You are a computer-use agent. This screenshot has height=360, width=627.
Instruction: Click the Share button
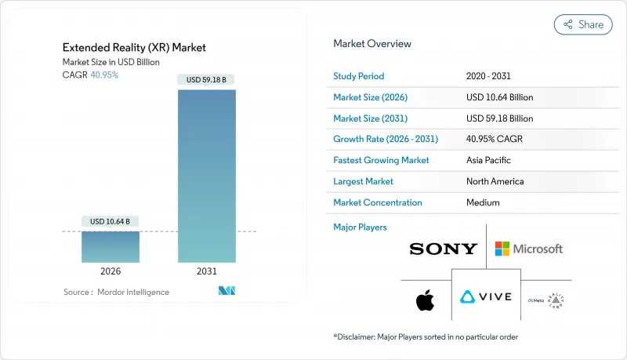[x=583, y=24]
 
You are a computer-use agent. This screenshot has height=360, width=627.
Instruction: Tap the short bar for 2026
[x=111, y=246]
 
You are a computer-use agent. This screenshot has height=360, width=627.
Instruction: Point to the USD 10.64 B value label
[x=111, y=220]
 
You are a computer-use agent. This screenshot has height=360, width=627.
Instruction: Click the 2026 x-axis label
[x=111, y=271]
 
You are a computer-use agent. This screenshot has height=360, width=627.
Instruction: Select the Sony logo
[x=443, y=249]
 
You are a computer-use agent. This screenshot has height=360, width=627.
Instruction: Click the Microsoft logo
[x=529, y=249]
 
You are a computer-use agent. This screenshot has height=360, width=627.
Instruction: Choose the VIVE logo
[x=486, y=297]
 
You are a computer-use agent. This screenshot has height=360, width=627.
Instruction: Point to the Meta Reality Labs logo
[x=546, y=299]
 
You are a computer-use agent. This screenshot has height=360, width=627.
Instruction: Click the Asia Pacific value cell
[x=488, y=160]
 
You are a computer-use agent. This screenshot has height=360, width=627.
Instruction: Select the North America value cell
[x=495, y=181]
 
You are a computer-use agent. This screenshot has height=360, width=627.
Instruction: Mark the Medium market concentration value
[x=483, y=202]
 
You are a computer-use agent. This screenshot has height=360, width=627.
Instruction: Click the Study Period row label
[x=359, y=76]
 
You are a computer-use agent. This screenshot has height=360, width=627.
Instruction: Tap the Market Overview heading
[x=371, y=44]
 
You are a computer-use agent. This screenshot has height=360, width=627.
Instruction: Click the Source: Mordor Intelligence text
[x=116, y=292]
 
